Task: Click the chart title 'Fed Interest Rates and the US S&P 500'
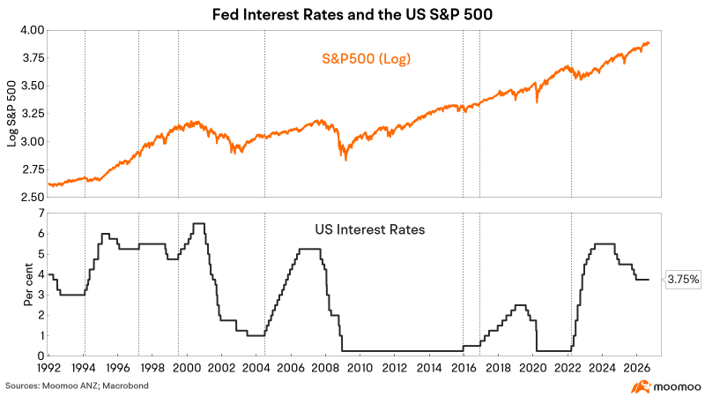click(352, 14)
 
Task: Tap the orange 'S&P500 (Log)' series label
click(366, 58)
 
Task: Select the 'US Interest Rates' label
click(369, 229)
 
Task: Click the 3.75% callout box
click(683, 280)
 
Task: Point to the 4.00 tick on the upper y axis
click(33, 30)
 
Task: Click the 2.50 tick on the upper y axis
click(33, 197)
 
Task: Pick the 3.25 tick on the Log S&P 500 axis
click(33, 114)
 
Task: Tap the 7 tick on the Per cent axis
click(41, 213)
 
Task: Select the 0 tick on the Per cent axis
click(41, 356)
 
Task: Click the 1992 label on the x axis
click(48, 368)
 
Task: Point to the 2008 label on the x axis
click(325, 368)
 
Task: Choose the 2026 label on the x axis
click(636, 368)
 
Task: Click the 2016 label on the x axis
click(464, 368)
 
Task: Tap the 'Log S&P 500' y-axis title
click(12, 114)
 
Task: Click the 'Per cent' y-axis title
click(28, 284)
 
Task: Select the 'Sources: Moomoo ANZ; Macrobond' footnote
click(77, 386)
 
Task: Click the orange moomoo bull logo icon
click(641, 386)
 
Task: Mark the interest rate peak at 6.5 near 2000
click(199, 223)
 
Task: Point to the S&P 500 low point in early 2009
click(345, 160)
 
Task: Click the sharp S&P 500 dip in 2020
click(537, 101)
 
